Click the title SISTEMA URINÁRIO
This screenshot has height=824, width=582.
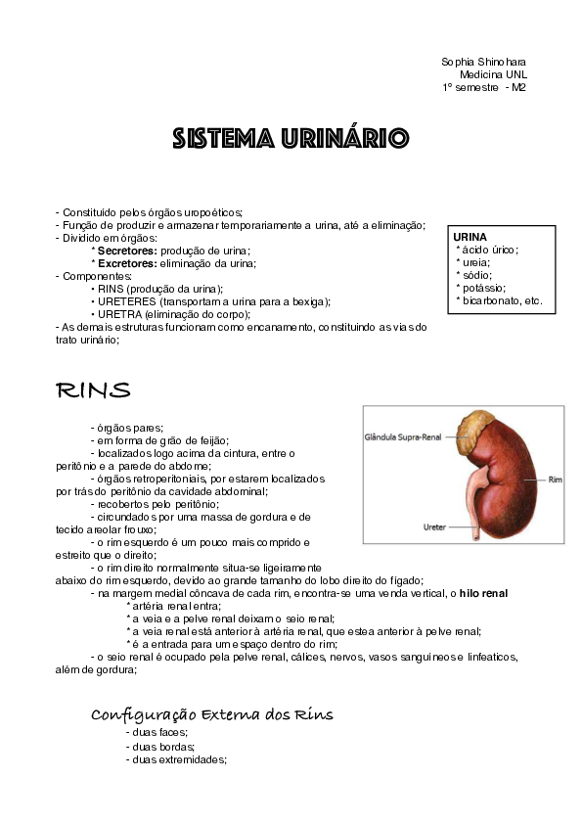click(291, 137)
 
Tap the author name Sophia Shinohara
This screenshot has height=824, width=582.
click(483, 62)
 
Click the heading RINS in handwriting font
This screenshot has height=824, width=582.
click(93, 390)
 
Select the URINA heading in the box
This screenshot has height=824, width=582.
click(470, 237)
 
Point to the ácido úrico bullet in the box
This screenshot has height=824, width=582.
click(488, 250)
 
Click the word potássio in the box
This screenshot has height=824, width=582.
click(484, 288)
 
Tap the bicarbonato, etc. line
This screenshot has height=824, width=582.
click(500, 300)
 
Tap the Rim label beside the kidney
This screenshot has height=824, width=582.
click(555, 481)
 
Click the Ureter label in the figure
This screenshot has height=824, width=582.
click(434, 526)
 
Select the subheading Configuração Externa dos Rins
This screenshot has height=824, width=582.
click(212, 714)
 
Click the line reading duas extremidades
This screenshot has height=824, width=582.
click(176, 758)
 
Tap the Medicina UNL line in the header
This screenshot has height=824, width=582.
click(493, 74)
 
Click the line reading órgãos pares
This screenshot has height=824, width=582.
click(126, 428)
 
